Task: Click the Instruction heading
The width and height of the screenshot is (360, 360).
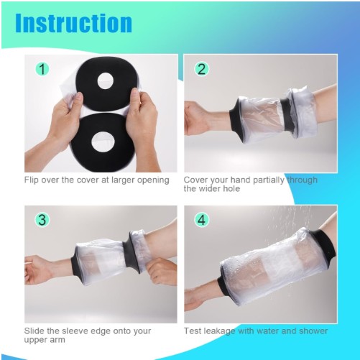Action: [73, 23]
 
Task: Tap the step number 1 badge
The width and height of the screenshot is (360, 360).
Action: [42, 69]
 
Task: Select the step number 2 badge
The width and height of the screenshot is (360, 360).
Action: [201, 69]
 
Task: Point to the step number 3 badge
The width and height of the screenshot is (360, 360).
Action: [42, 220]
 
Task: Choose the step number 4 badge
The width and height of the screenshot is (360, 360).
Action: [201, 220]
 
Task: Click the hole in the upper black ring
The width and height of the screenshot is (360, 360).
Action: [105, 80]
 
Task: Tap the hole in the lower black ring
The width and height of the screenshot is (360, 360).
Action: [103, 142]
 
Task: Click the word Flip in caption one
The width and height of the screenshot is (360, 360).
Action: [31, 180]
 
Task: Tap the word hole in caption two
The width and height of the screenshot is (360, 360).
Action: [231, 188]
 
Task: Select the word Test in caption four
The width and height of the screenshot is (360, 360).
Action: [192, 331]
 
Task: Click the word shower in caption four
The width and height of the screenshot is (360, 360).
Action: [313, 331]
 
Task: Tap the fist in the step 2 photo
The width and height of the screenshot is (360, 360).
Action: [195, 118]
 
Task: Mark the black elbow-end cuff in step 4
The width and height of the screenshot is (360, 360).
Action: [325, 246]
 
